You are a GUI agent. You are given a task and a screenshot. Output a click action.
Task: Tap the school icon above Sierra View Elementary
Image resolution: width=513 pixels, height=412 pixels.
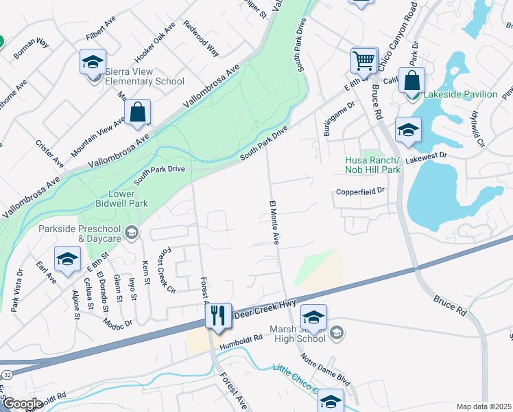93,62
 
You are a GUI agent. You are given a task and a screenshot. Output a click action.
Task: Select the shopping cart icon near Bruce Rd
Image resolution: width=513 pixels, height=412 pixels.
364,60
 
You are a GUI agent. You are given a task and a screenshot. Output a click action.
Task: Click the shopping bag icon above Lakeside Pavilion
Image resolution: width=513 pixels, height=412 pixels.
411,80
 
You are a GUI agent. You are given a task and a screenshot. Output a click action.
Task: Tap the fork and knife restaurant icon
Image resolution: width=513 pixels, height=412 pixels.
218,316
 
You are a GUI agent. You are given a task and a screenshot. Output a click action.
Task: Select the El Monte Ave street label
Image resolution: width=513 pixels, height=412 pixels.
274,222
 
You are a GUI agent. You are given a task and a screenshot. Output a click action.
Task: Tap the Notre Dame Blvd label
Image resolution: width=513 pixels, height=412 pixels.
325,369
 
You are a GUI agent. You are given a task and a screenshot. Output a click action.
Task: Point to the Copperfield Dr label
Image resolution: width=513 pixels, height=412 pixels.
361,192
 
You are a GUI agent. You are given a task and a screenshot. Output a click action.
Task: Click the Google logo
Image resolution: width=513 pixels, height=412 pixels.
22,404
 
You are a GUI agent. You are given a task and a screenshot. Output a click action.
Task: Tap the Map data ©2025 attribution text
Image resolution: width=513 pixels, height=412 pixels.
484,407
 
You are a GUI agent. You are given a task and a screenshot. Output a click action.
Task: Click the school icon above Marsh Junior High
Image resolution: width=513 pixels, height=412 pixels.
313,317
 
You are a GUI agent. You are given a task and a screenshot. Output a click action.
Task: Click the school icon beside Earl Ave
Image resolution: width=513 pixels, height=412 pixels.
67,259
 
